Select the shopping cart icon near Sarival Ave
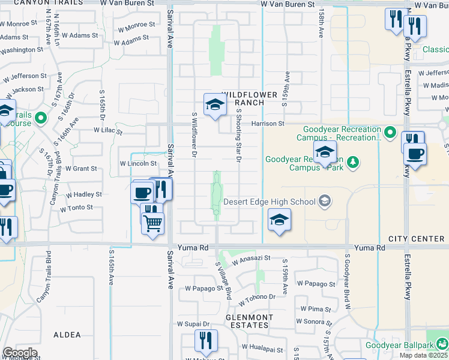pos(153,223)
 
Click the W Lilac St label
pos(108,130)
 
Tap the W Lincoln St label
pos(138,163)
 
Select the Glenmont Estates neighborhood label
pos(249,321)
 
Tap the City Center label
pos(416,239)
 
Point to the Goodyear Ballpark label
pos(401,345)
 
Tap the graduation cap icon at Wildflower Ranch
pos(214,104)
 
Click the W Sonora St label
pos(314,322)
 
